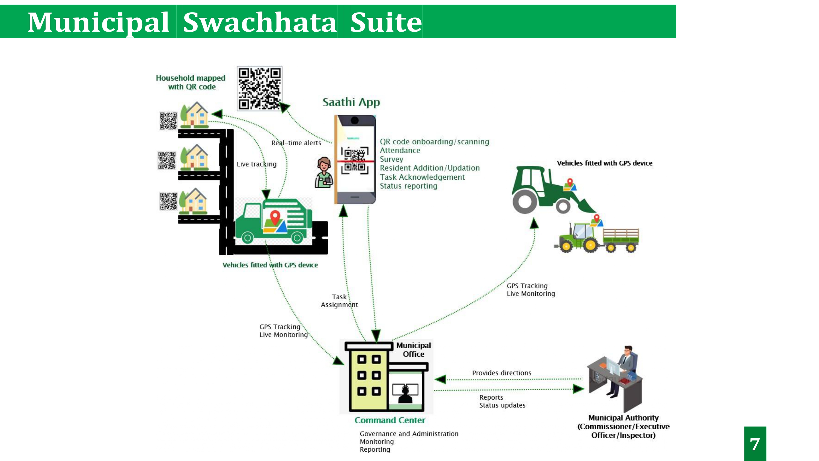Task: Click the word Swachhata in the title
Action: pyautogui.click(x=260, y=22)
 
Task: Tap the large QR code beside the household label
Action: pyautogui.click(x=259, y=88)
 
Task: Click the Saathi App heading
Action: pyautogui.click(x=351, y=102)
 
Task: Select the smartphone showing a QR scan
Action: pyautogui.click(x=355, y=159)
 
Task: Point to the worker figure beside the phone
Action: pyautogui.click(x=324, y=173)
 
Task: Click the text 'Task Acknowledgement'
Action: pyautogui.click(x=422, y=177)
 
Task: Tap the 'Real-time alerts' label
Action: pyautogui.click(x=296, y=143)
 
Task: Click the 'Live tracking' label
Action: pyautogui.click(x=256, y=164)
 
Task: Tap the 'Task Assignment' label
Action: pyautogui.click(x=339, y=301)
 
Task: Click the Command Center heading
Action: pyautogui.click(x=390, y=420)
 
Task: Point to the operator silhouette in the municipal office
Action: pyautogui.click(x=405, y=395)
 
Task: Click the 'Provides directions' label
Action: pyautogui.click(x=502, y=373)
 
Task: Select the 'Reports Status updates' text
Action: pyautogui.click(x=502, y=401)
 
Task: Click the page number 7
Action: pyautogui.click(x=755, y=444)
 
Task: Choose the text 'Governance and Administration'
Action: pyautogui.click(x=409, y=434)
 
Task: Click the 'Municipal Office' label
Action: pyautogui.click(x=413, y=350)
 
